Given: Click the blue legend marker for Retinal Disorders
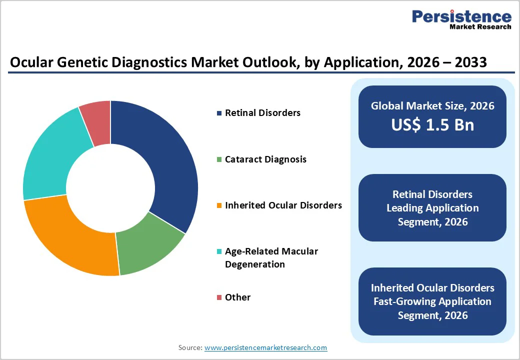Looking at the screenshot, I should [x=219, y=113].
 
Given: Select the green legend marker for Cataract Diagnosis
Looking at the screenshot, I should [x=219, y=159].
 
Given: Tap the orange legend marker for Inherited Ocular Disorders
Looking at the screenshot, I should [x=219, y=205].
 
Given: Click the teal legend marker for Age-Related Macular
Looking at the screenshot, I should [x=219, y=251].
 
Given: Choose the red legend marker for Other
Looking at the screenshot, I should [x=219, y=297].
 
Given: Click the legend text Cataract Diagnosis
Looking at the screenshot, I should [x=265, y=159].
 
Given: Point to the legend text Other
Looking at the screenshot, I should [x=237, y=297].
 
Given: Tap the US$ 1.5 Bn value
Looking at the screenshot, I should [x=432, y=125].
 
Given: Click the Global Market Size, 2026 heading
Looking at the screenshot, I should [x=432, y=105].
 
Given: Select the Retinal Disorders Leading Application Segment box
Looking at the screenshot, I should [x=432, y=208].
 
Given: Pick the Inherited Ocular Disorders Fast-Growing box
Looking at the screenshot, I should [x=432, y=301].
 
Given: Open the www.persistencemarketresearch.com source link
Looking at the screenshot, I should [x=265, y=347].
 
